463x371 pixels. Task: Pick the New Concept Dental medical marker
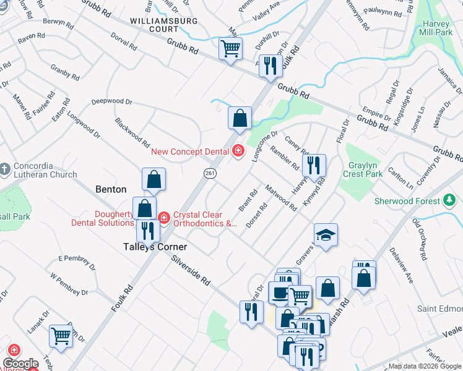tap(238, 150)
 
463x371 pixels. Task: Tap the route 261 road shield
tap(209, 174)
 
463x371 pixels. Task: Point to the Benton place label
tap(111, 189)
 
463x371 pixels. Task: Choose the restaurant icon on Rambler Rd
tap(314, 164)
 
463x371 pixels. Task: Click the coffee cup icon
tap(280, 292)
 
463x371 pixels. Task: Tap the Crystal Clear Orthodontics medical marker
tap(163, 218)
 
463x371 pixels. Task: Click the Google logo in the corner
tap(20, 364)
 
